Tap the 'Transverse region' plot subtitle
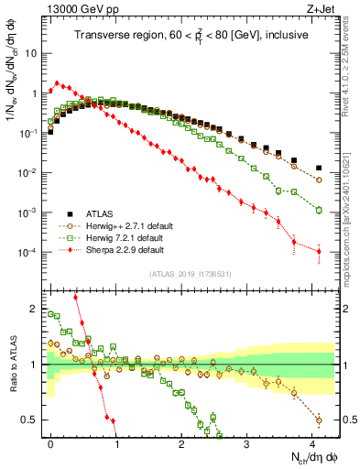click(190, 36)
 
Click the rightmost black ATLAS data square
click(319, 168)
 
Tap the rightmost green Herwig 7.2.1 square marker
click(319, 210)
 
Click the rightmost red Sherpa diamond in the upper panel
click(319, 252)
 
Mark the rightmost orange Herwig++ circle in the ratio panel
click(319, 420)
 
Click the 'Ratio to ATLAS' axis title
click(12, 365)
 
